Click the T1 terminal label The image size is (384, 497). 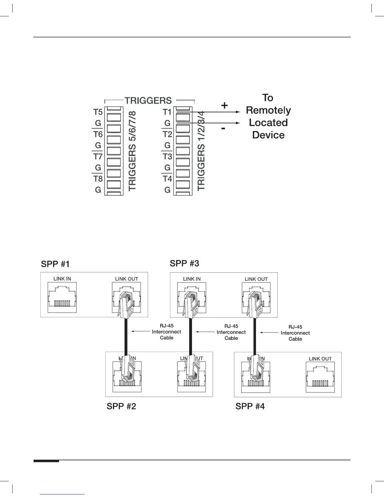coord(167,112)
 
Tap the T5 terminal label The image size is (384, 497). coord(98,112)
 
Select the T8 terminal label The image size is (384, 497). coord(98,179)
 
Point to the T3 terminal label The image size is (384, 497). coord(167,156)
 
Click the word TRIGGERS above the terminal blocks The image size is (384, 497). coord(148,101)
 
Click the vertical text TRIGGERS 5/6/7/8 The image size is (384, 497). coord(133,150)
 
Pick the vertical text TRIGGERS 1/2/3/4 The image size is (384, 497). coord(201,150)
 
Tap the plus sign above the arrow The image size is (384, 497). coord(224,105)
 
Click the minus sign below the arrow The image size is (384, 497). coord(223,128)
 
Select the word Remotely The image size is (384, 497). coord(268,110)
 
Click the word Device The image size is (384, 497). coord(268,135)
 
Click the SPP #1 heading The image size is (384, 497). coord(55,264)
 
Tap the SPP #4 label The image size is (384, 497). coord(250,406)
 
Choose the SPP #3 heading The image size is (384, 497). coord(184,264)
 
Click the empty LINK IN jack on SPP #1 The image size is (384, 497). coord(62,297)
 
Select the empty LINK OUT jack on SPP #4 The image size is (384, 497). coord(320,377)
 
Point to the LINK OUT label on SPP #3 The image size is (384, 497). coord(256,279)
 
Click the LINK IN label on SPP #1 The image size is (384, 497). coord(62,279)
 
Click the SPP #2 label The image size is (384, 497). coord(121,406)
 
